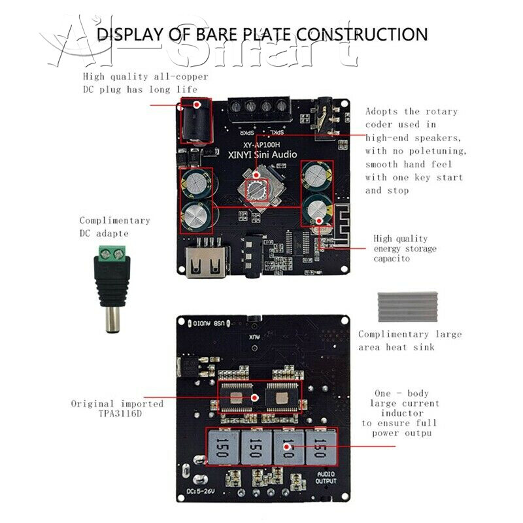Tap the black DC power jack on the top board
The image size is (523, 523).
(195, 120)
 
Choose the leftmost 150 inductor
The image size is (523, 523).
(222, 448)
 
